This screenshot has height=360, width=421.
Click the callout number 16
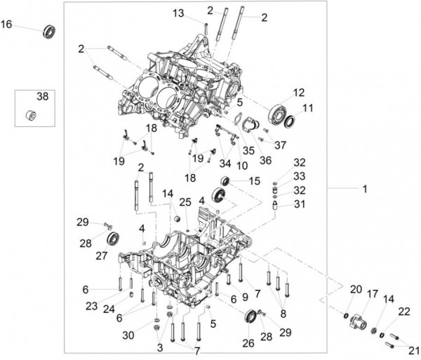pyautogui.click(x=6, y=24)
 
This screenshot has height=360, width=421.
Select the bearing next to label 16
pyautogui.click(x=49, y=32)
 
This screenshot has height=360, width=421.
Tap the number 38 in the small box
pyautogui.click(x=42, y=96)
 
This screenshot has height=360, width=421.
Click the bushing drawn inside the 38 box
pyautogui.click(x=31, y=115)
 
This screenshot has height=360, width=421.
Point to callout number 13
pyautogui.click(x=178, y=13)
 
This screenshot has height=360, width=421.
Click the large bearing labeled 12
pyautogui.click(x=277, y=114)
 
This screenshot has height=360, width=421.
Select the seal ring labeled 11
pyautogui.click(x=289, y=121)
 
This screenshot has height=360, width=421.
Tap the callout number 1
pyautogui.click(x=365, y=189)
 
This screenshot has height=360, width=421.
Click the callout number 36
pyautogui.click(x=265, y=160)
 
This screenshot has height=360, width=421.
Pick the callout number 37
pyautogui.click(x=280, y=145)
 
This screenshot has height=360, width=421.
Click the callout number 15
pyautogui.click(x=255, y=181)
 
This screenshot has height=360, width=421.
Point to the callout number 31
pyautogui.click(x=300, y=204)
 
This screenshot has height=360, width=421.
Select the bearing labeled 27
pyautogui.click(x=113, y=238)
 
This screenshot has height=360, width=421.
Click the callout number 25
pyautogui.click(x=185, y=202)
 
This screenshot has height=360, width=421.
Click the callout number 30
pyautogui.click(x=128, y=335)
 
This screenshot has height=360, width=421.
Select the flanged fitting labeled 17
pyautogui.click(x=358, y=321)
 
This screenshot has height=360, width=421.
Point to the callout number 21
pyautogui.click(x=414, y=350)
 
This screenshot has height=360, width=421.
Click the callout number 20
pyautogui.click(x=356, y=289)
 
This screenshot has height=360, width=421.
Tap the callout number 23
pyautogui.click(x=91, y=306)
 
